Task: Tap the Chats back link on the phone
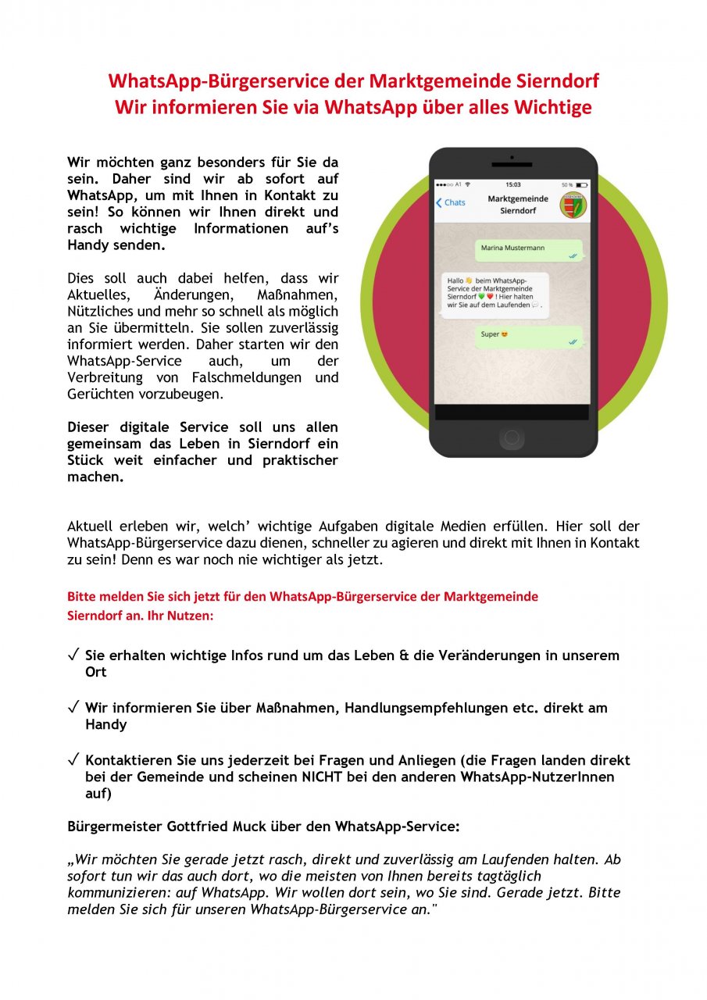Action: point(451,202)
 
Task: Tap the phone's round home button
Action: point(512,437)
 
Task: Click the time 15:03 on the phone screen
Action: point(512,185)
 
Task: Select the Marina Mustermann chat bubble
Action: point(529,249)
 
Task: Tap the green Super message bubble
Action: point(529,336)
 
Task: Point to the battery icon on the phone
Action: point(581,185)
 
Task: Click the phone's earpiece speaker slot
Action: point(512,165)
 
